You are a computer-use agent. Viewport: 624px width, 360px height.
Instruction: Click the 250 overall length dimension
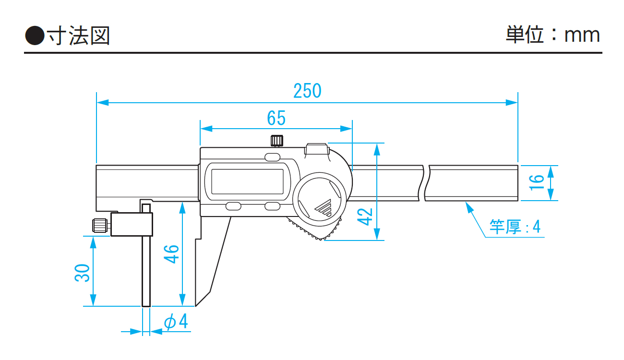tap(307, 91)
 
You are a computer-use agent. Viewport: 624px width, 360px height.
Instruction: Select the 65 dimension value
tap(276, 118)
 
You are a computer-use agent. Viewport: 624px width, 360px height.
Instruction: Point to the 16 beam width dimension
tap(538, 182)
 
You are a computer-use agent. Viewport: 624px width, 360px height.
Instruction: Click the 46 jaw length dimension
tap(171, 254)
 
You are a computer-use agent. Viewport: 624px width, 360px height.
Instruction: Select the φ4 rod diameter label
tap(176, 322)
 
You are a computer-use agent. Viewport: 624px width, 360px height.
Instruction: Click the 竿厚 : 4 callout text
tap(515, 227)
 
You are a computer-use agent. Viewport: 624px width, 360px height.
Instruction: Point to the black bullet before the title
tap(34, 35)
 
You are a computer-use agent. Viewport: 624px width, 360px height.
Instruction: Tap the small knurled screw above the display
tap(276, 140)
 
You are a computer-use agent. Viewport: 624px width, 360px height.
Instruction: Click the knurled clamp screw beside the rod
tap(99, 225)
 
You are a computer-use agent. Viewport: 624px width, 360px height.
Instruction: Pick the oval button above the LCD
tap(272, 157)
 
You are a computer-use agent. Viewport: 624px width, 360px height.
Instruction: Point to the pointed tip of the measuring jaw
tap(196, 303)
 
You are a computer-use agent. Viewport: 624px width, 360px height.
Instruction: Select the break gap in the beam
tap(426, 183)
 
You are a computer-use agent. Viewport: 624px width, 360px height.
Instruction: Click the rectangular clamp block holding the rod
tap(132, 225)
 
